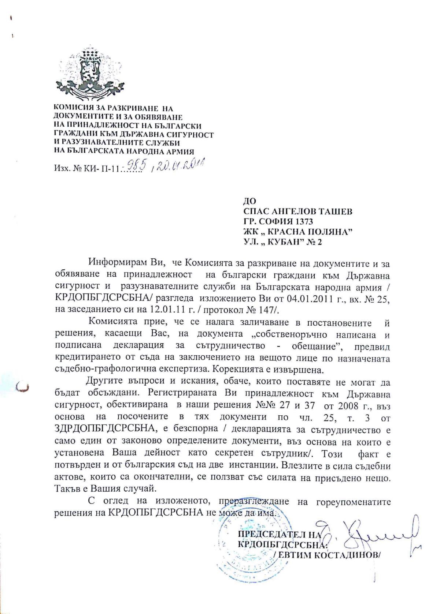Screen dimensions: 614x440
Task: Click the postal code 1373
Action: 304,221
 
